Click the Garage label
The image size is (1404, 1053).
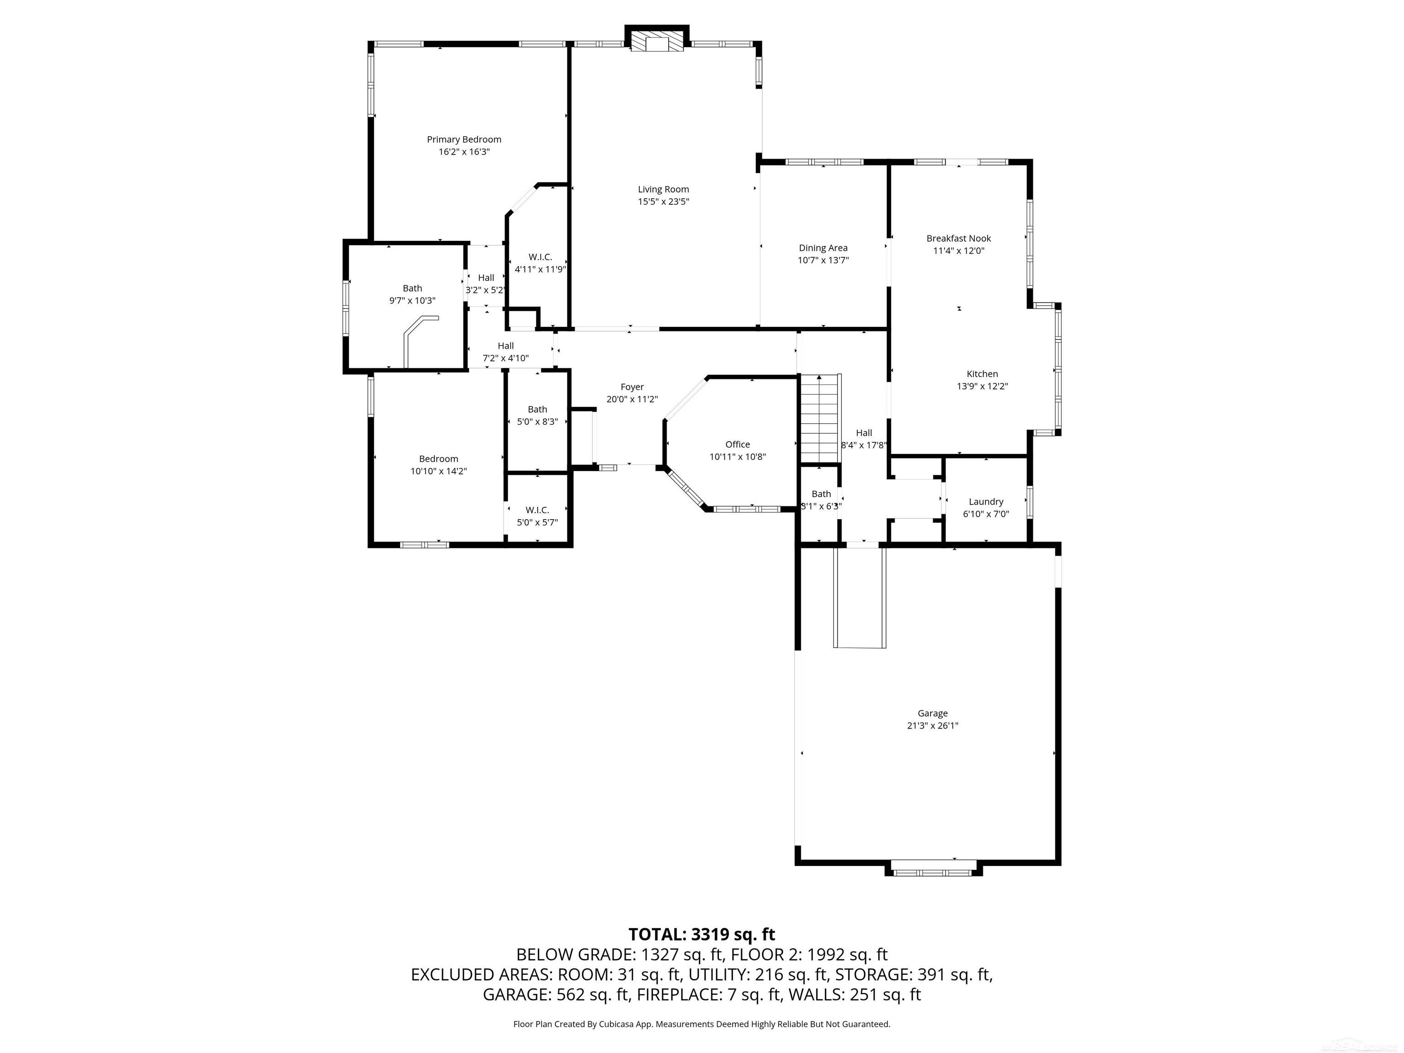[932, 713]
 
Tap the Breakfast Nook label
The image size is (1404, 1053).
[958, 239]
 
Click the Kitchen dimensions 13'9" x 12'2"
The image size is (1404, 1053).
[982, 386]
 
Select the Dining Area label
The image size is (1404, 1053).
[823, 248]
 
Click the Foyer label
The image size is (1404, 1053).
[632, 387]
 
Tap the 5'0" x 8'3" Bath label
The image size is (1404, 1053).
[537, 409]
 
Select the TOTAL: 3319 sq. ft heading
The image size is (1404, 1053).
[702, 934]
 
